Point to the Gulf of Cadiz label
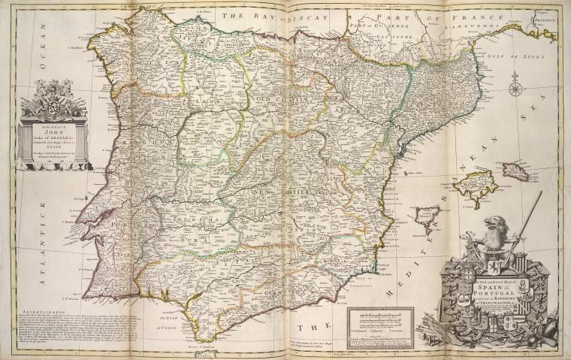[165, 324]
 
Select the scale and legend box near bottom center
[390, 325]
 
